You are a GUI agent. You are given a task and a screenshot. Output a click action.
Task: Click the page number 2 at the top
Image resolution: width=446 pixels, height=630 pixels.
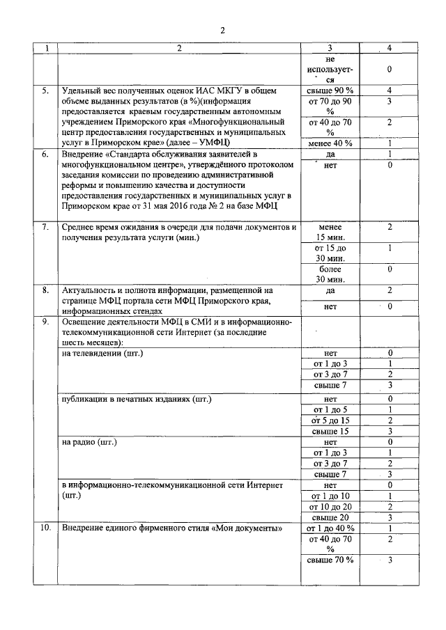(222, 30)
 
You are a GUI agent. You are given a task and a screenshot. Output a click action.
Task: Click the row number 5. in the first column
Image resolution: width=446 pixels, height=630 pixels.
(45, 91)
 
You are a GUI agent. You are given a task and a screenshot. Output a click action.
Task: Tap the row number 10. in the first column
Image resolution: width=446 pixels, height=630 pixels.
(44, 529)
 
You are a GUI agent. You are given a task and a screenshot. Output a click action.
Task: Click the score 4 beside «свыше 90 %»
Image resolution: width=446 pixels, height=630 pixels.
(390, 91)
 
